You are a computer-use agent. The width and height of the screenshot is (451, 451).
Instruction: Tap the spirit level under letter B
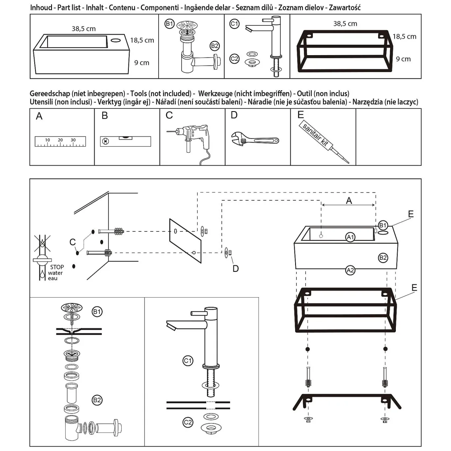coord(125,141)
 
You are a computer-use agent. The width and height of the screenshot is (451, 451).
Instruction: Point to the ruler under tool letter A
coord(60,141)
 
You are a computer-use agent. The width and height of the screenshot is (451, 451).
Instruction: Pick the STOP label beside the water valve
coord(57,267)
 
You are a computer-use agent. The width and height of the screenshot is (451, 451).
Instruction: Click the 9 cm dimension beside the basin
coord(142,63)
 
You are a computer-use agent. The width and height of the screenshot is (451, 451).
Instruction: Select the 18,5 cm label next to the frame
coord(404,37)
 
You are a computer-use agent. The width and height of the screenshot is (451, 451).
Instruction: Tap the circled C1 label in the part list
coord(234,24)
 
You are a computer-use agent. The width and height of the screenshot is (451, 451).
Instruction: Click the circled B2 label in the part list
coord(215,46)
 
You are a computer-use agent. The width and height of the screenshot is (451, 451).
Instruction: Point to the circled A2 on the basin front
coord(350,270)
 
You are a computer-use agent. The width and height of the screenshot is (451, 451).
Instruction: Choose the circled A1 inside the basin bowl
coord(351,237)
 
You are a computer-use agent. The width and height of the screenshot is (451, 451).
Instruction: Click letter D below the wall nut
coord(236,268)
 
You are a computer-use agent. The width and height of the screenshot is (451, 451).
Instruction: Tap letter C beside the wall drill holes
coord(72,242)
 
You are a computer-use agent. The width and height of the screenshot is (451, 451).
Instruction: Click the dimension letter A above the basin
coord(349,200)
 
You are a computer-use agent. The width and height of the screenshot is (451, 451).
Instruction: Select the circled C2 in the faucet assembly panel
coord(188,422)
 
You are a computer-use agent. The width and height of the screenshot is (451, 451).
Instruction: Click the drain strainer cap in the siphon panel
coord(72,308)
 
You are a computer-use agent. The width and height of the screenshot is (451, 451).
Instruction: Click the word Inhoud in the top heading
coord(41,8)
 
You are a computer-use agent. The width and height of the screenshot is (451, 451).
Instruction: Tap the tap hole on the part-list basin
coord(116,40)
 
